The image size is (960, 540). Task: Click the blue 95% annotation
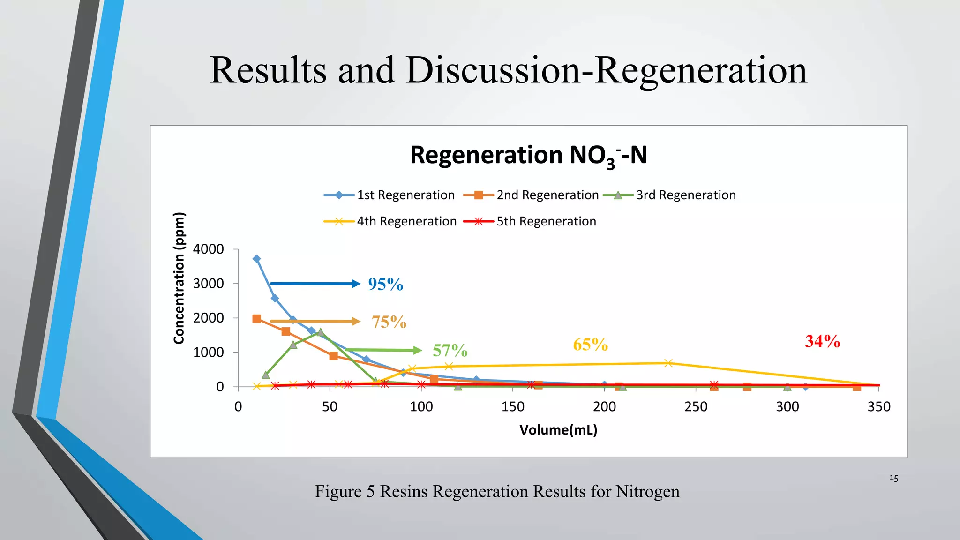(x=385, y=284)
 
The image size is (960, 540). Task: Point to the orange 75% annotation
(x=389, y=322)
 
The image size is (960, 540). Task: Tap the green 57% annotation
(x=450, y=351)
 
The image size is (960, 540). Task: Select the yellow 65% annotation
(x=590, y=345)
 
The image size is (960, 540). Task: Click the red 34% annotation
(x=822, y=341)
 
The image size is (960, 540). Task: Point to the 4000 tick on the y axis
(x=209, y=249)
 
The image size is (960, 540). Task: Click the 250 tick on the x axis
(x=696, y=406)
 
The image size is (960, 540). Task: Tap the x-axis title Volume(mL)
(x=558, y=430)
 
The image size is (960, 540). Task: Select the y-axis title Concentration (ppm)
(x=179, y=278)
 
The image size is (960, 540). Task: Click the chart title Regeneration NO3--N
(x=528, y=155)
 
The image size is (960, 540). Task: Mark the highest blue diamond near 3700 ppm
(x=256, y=259)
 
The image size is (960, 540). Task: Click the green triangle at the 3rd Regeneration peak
(x=320, y=332)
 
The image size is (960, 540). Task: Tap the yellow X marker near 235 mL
(x=668, y=363)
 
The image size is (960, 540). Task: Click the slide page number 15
(x=893, y=478)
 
